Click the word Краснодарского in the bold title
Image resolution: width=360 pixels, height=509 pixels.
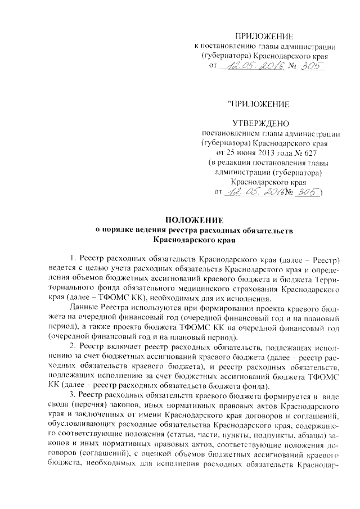tap(179, 240)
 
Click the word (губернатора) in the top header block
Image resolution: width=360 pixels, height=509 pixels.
tap(224, 56)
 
